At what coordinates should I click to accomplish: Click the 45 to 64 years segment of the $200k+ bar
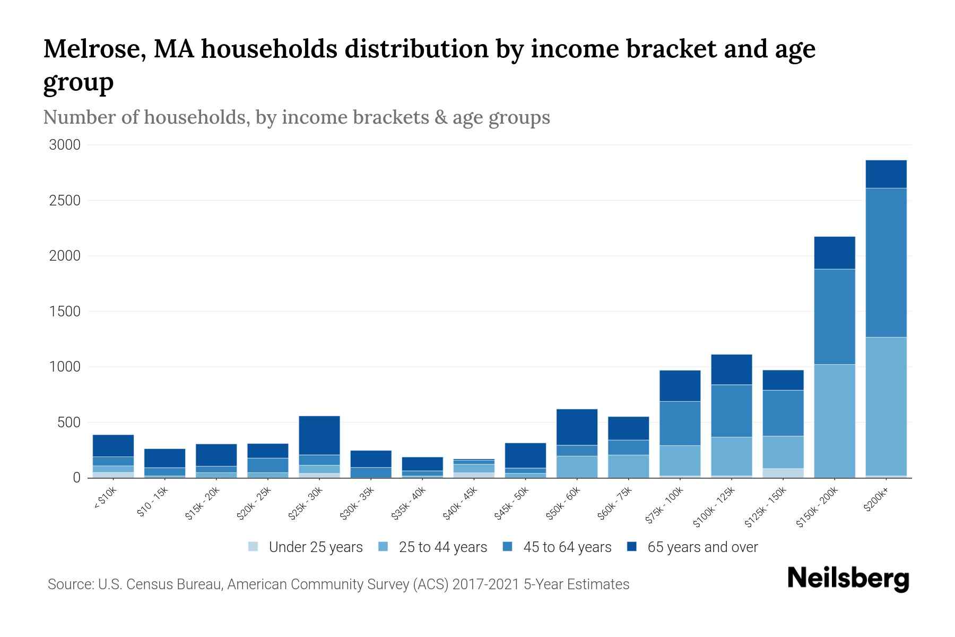886,263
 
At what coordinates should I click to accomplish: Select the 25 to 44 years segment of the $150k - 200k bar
835,420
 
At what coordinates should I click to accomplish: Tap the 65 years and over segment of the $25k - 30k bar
319,435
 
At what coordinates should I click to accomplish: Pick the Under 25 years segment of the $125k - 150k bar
783,473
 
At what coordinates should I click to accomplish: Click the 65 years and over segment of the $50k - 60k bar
577,427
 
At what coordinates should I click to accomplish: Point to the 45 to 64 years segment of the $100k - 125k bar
732,411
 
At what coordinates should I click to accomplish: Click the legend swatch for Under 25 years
254,546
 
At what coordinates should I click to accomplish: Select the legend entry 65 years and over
702,547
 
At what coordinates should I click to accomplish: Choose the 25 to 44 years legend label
442,547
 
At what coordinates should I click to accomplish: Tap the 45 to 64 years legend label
567,547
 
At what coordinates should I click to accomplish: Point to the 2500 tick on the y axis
65,201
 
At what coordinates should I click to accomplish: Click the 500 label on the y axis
69,423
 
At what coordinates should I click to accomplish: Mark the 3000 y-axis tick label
65,145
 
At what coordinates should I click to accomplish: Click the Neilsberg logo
848,579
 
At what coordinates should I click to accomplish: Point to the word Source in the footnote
70,584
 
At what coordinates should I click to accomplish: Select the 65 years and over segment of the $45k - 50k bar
525,455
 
